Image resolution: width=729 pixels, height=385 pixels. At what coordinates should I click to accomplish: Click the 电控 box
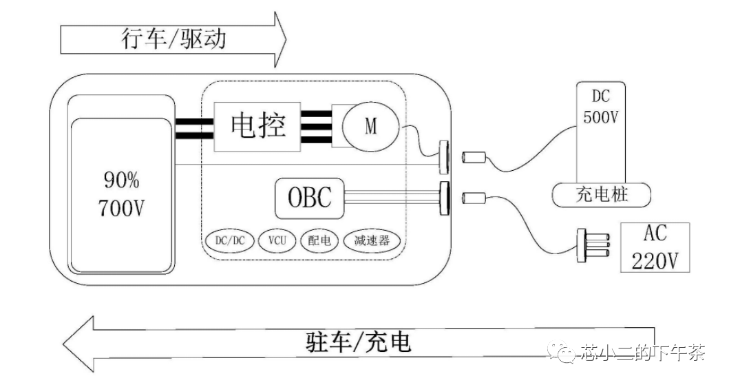tap(259, 127)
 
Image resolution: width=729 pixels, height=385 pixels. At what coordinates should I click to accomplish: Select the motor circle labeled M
tap(370, 127)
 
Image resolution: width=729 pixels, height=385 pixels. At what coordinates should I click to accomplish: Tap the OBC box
tap(309, 197)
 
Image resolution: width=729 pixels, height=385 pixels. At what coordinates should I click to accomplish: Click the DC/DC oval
tap(229, 240)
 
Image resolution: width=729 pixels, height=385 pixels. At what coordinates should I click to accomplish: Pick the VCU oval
tap(277, 240)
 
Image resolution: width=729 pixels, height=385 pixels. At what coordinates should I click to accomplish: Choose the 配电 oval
tap(319, 240)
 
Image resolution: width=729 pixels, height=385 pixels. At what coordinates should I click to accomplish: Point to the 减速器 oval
tap(372, 240)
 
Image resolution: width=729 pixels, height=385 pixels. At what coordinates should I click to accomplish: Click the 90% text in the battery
tap(121, 181)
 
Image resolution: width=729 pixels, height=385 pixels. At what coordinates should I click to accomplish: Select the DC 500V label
tap(601, 107)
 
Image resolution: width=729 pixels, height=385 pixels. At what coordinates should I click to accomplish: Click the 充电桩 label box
tap(601, 196)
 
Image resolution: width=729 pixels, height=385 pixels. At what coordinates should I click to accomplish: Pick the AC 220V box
tap(655, 247)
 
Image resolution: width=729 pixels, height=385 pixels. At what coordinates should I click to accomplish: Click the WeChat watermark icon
tap(567, 353)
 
